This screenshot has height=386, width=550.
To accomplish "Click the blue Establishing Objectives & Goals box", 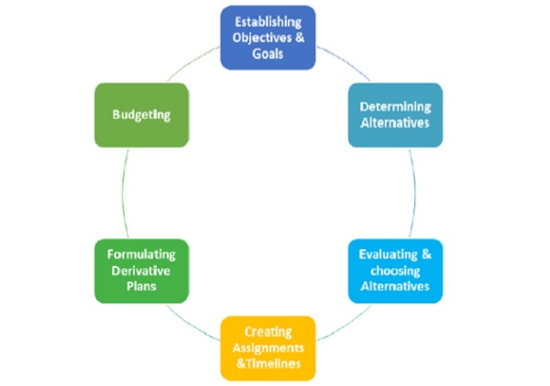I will click(268, 38).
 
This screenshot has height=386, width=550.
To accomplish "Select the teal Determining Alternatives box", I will click(395, 115).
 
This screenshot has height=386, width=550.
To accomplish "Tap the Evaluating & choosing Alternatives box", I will click(395, 271).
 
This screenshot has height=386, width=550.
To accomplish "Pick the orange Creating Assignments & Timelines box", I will click(268, 347).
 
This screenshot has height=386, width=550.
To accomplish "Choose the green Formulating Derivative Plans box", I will click(141, 271).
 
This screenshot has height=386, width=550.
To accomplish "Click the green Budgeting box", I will click(141, 115).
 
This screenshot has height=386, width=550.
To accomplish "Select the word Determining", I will click(395, 106).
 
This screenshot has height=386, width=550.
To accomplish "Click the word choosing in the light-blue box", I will click(395, 271).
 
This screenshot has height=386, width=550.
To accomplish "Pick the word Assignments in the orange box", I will click(268, 347).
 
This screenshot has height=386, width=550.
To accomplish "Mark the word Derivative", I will click(141, 271).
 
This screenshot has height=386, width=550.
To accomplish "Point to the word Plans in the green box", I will click(141, 287).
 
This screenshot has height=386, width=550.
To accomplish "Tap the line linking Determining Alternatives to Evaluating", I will click(413, 193).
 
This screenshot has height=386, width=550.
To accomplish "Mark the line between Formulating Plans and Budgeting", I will click(123, 193).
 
